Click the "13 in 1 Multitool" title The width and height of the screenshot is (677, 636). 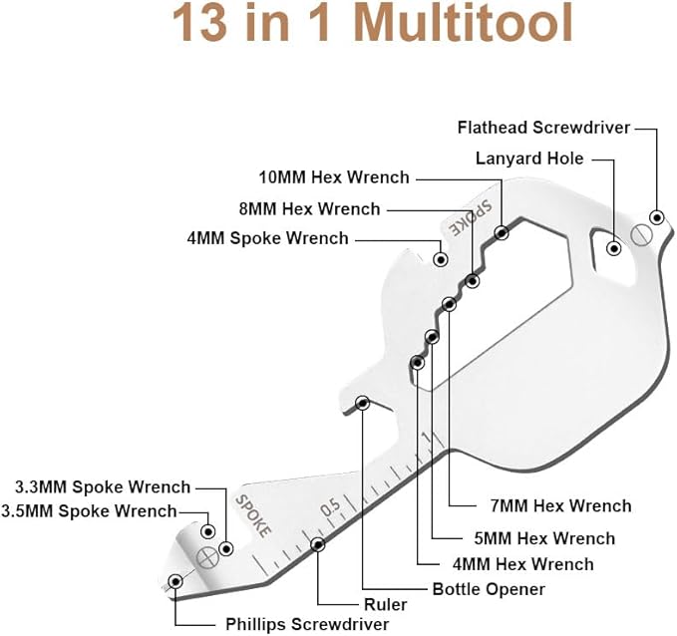[x=372, y=23]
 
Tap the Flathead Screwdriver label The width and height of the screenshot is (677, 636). [x=543, y=128]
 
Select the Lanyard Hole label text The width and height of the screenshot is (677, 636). [x=529, y=159]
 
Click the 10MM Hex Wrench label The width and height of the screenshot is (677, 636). [x=334, y=177]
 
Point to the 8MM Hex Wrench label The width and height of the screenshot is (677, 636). [x=309, y=209]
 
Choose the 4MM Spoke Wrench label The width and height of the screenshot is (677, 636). [x=267, y=238]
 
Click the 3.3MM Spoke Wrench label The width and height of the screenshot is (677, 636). [x=103, y=487]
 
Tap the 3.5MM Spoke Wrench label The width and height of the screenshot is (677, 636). [x=89, y=511]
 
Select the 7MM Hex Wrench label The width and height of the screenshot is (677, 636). [x=561, y=505]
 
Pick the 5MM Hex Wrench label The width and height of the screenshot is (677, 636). [x=544, y=538]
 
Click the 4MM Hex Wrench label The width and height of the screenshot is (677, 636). [x=522, y=564]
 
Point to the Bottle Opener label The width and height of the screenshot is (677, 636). [x=489, y=589]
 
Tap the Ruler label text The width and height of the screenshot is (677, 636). [x=385, y=605]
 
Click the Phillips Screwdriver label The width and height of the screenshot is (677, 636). [x=307, y=624]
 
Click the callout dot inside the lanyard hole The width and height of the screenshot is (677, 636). [x=614, y=248]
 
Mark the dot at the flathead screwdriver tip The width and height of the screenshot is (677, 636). [x=657, y=217]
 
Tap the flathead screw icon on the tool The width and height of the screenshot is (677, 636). [x=641, y=235]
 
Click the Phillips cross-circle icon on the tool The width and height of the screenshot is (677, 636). [x=207, y=558]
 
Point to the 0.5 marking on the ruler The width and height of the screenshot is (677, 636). [x=331, y=507]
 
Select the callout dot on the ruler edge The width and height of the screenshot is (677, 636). [x=318, y=545]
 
